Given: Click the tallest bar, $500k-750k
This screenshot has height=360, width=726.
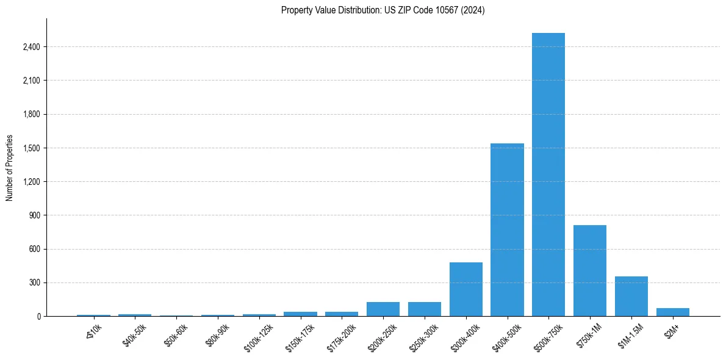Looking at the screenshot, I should [x=548, y=175].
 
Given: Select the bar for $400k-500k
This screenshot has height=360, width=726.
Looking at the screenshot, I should [x=507, y=230].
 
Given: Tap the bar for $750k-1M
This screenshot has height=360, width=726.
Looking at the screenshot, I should [x=590, y=271].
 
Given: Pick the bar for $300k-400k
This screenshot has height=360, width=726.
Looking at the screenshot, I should [x=466, y=289].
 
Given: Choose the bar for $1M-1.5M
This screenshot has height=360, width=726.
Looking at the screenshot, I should [x=631, y=297].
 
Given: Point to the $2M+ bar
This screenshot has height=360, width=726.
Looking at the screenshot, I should [x=673, y=312].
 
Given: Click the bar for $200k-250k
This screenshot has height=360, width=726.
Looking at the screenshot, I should [x=383, y=309].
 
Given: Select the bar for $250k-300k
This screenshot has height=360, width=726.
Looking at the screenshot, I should [x=425, y=309].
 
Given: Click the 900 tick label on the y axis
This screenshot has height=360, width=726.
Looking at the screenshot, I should [x=34, y=215].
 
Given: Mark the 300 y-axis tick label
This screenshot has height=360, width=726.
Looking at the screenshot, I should [x=34, y=283].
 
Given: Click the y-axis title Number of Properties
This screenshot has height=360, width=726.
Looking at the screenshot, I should [x=10, y=168].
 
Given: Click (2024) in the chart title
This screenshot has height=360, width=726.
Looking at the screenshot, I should [x=472, y=10].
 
